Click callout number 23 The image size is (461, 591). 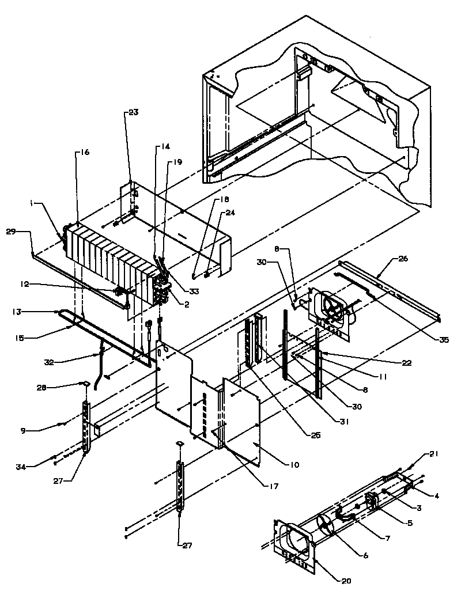133,113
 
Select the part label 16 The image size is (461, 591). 84,153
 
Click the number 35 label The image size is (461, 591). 444,340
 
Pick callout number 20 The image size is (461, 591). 346,581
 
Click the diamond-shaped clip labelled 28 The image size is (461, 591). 84,382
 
